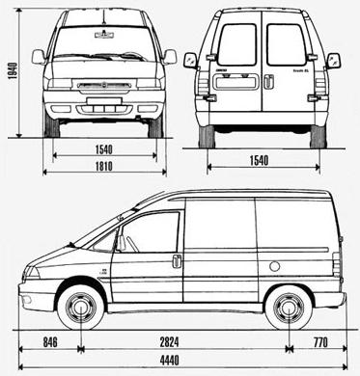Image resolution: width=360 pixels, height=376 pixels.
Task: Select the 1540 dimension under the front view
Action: click(103, 151)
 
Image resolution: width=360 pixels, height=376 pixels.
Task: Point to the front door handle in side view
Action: click(177, 261)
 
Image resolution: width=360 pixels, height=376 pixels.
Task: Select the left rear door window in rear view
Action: click(237, 44)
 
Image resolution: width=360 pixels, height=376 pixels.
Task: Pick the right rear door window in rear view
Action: click(286, 44)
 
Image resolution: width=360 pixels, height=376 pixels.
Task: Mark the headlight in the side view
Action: click(31, 272)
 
